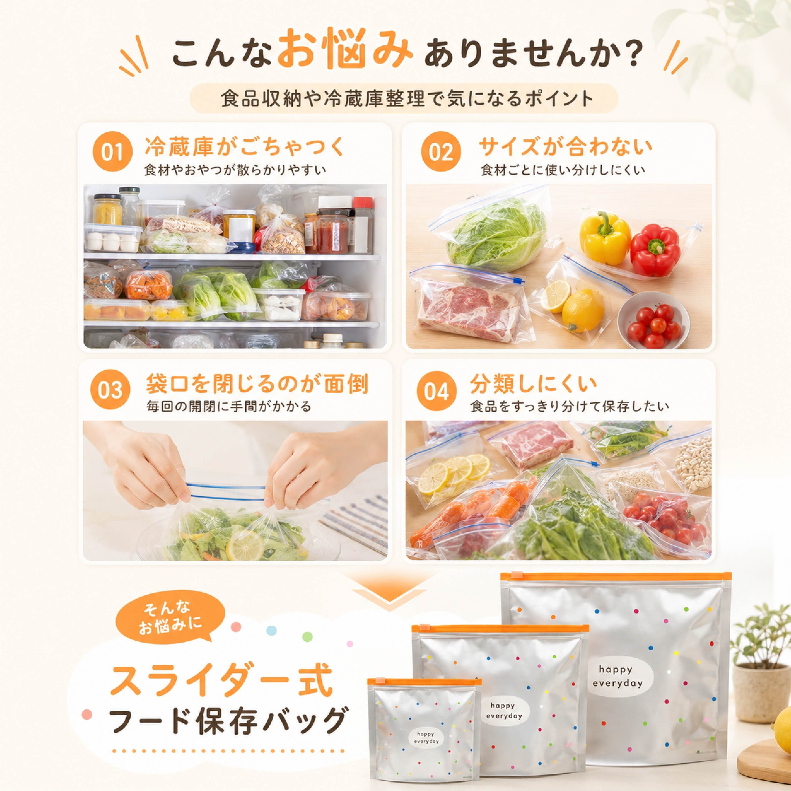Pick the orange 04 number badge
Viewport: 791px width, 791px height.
pyautogui.click(x=437, y=391)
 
